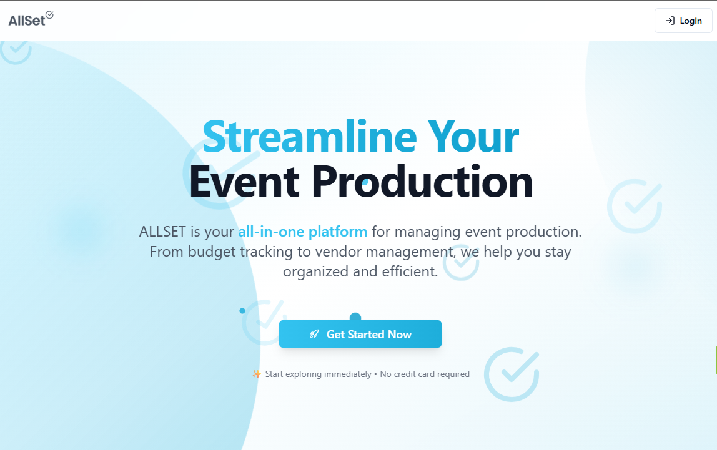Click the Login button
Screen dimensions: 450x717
(683, 21)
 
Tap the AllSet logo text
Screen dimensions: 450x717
(26, 21)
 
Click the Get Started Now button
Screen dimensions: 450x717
(360, 334)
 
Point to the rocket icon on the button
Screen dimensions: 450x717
(314, 335)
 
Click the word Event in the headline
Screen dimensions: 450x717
(245, 182)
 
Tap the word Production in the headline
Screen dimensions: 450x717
(422, 182)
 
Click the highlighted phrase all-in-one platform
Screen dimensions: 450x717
(302, 232)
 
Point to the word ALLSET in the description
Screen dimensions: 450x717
(162, 232)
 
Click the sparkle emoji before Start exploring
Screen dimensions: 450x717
(257, 374)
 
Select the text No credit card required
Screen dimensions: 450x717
(425, 374)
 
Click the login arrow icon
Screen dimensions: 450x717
(670, 21)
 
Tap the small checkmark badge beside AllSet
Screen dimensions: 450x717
(49, 15)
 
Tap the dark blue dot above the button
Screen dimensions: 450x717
(355, 318)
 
